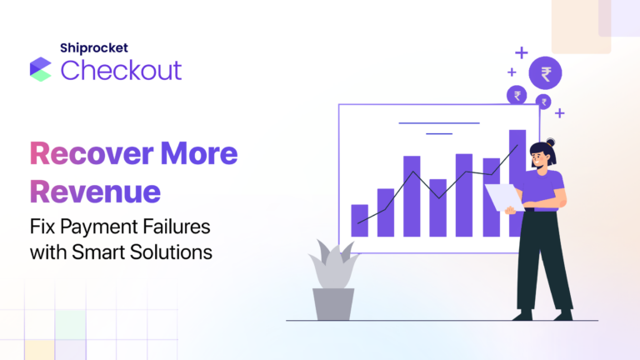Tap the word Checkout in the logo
121,70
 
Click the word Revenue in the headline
95,191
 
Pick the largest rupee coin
545,74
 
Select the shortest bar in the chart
360,220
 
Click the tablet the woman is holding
504,197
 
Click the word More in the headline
200,154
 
